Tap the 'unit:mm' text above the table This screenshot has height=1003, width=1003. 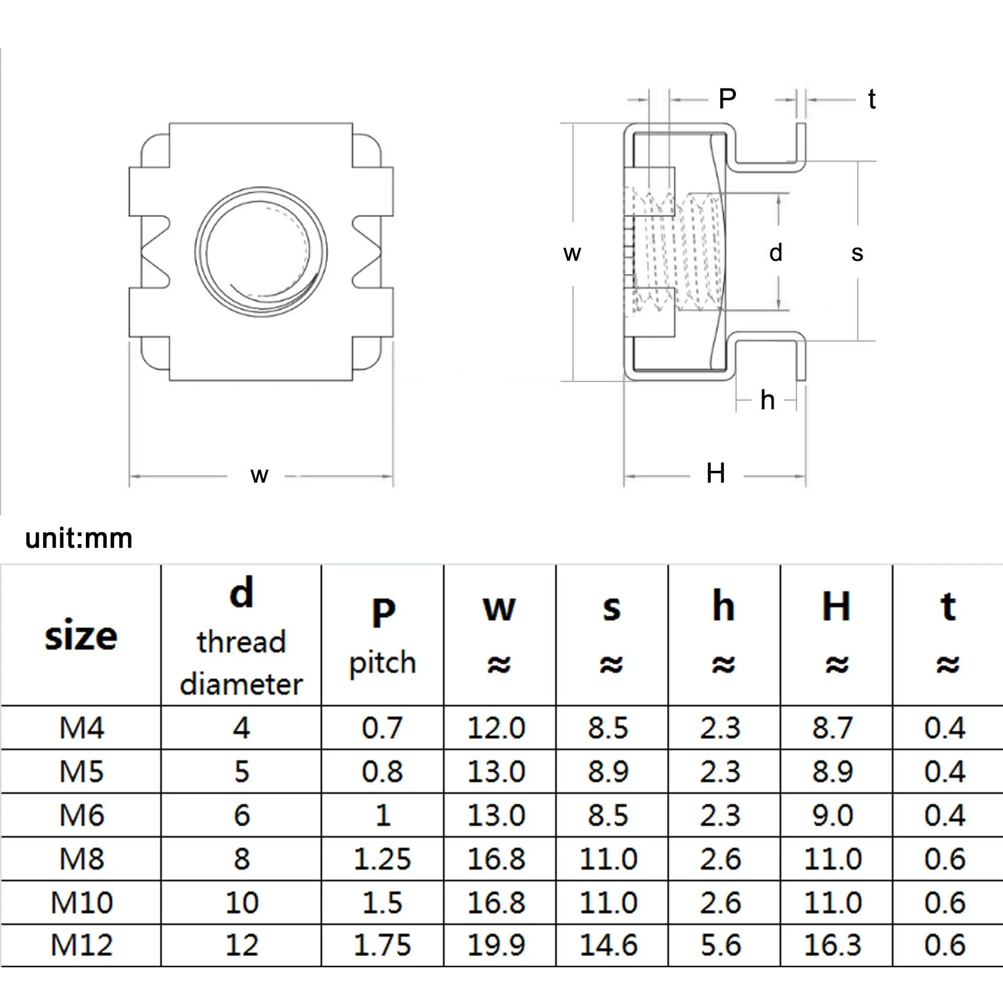tap(79, 538)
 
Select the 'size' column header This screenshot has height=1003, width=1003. tap(81, 636)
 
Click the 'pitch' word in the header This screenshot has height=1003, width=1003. tap(382, 663)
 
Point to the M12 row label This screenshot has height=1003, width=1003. tap(81, 945)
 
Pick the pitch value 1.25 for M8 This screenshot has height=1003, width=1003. tap(382, 859)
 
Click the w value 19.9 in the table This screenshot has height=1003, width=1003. tap(496, 945)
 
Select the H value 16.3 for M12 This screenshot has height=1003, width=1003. tap(833, 945)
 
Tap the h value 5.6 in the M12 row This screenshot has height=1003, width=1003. tap(721, 945)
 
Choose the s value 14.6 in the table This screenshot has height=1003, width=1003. tap(609, 945)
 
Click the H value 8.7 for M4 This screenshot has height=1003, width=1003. tap(833, 728)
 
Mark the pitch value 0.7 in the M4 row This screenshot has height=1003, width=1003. tap(382, 728)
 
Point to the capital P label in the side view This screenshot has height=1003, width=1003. tap(727, 98)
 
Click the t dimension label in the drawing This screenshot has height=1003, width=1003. tap(871, 99)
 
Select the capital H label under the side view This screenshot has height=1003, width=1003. tap(715, 473)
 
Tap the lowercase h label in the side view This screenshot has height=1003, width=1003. tap(767, 400)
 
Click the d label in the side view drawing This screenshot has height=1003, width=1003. tap(776, 253)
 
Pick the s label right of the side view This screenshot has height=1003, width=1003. tap(858, 253)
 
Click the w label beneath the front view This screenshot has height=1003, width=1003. tap(259, 475)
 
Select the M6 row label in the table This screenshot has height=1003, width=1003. tap(81, 815)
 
